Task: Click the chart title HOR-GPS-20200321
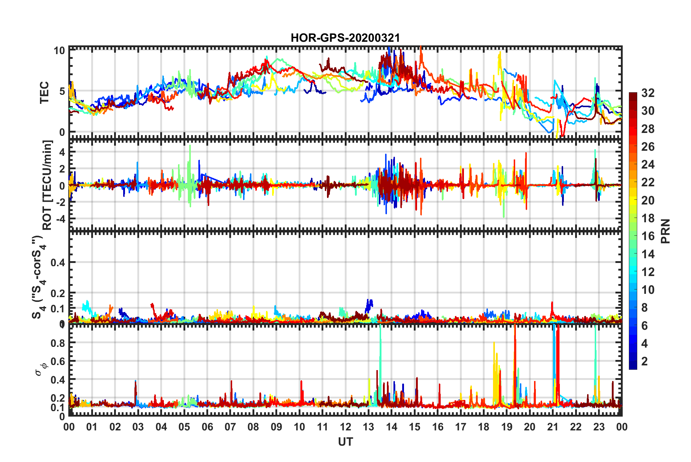point(345,38)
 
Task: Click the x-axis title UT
point(345,442)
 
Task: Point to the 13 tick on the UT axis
point(368,427)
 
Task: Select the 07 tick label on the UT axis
point(230,427)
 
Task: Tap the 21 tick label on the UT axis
point(553,427)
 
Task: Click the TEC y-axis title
point(44,93)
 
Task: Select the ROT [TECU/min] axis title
point(47,185)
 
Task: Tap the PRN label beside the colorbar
point(666,231)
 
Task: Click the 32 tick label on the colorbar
point(648,93)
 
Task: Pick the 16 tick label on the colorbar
point(648,236)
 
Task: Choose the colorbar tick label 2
point(644,361)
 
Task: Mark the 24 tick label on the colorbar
point(648,165)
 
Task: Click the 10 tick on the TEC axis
point(59,50)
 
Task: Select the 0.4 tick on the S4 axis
point(58,262)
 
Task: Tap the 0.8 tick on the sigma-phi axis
point(58,343)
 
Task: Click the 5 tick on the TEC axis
point(62,91)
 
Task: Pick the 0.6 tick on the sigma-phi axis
point(58,361)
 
